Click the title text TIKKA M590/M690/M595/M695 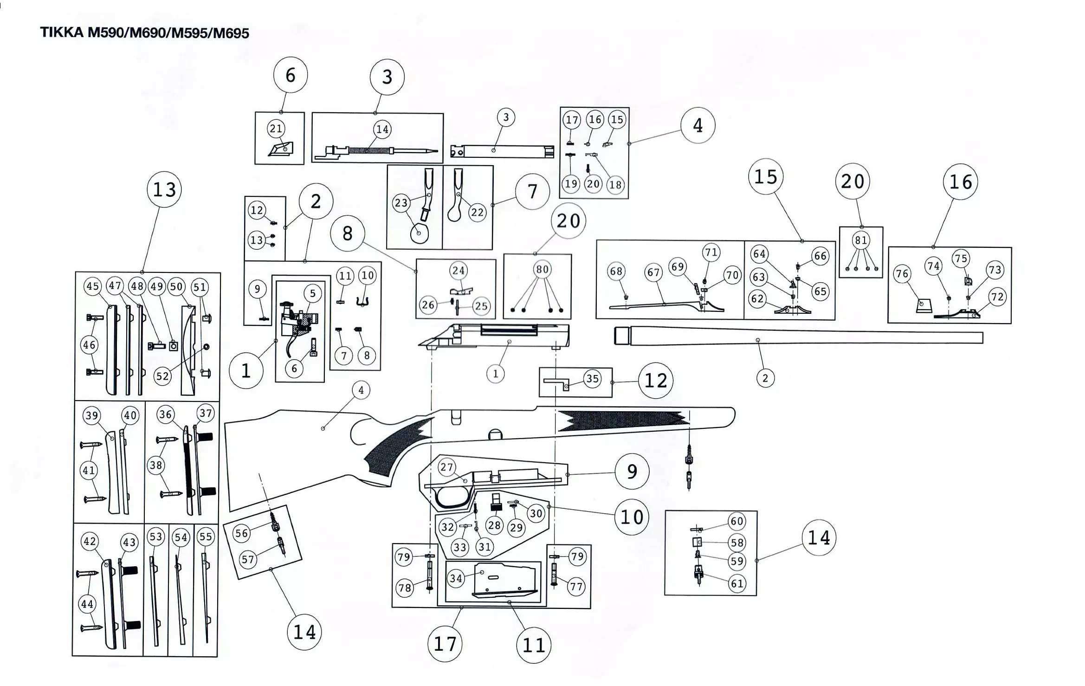[x=144, y=33]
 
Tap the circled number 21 [x=276, y=129]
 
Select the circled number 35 [x=592, y=379]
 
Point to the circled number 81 [x=861, y=240]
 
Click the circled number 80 [x=542, y=269]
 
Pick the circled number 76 [x=902, y=274]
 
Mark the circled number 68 [x=616, y=271]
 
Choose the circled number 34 [x=456, y=578]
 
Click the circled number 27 [x=446, y=467]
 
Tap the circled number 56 [x=241, y=533]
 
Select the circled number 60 [x=737, y=521]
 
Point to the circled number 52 [x=162, y=376]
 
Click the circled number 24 [x=458, y=271]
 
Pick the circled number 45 [x=93, y=286]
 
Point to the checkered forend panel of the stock [x=622, y=420]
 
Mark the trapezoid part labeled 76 [x=924, y=305]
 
